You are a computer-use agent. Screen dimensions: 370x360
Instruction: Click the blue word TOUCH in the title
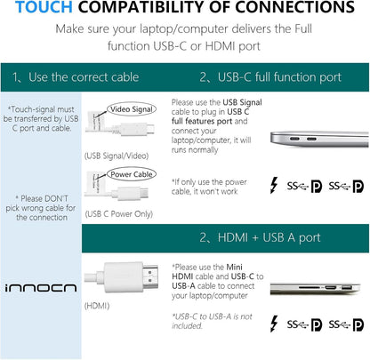coord(44,7)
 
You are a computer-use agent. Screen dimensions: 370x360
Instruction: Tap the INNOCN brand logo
coord(41,288)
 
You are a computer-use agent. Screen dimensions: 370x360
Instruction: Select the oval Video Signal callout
coord(132,109)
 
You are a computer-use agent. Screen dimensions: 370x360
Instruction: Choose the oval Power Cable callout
coord(132,174)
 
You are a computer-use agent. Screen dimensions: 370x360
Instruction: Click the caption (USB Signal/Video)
coord(117,156)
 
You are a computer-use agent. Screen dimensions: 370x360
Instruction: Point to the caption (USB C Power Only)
coord(119,214)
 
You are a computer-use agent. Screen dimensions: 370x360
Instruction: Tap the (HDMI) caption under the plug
coord(97,306)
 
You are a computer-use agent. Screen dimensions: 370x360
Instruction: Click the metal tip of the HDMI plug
coord(150,277)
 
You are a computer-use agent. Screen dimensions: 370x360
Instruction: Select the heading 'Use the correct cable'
coord(84,77)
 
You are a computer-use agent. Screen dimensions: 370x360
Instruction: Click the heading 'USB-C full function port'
coord(279,77)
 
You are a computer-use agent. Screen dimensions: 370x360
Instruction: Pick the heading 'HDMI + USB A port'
coord(269,237)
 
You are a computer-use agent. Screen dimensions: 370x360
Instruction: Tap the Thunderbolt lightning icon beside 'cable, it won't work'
coord(275,186)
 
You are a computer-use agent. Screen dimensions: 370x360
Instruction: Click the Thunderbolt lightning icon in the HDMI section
coord(275,324)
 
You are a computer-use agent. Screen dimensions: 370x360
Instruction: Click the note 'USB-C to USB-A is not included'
coord(213,321)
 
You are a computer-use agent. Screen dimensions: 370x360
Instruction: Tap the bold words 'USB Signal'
coord(242,102)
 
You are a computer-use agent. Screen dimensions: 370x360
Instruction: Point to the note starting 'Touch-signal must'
coord(41,119)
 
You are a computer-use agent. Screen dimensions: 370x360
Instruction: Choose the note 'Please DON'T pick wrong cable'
coord(41,208)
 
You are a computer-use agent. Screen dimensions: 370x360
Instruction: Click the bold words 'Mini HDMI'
coord(207,272)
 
